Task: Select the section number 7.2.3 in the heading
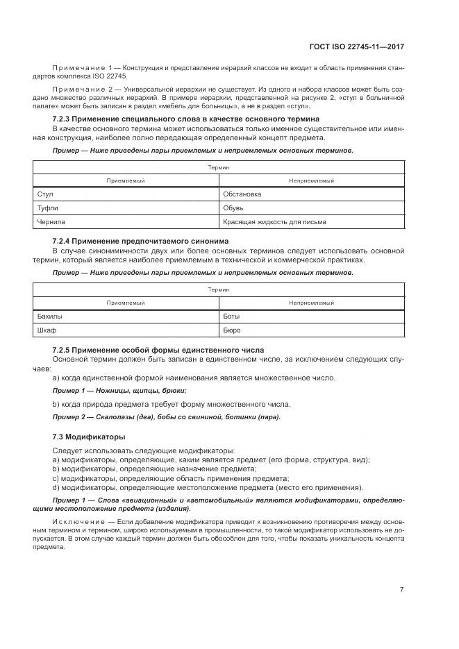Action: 64,119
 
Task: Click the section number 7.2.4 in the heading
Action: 64,241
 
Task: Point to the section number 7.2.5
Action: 64,349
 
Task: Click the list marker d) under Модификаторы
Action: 56,487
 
